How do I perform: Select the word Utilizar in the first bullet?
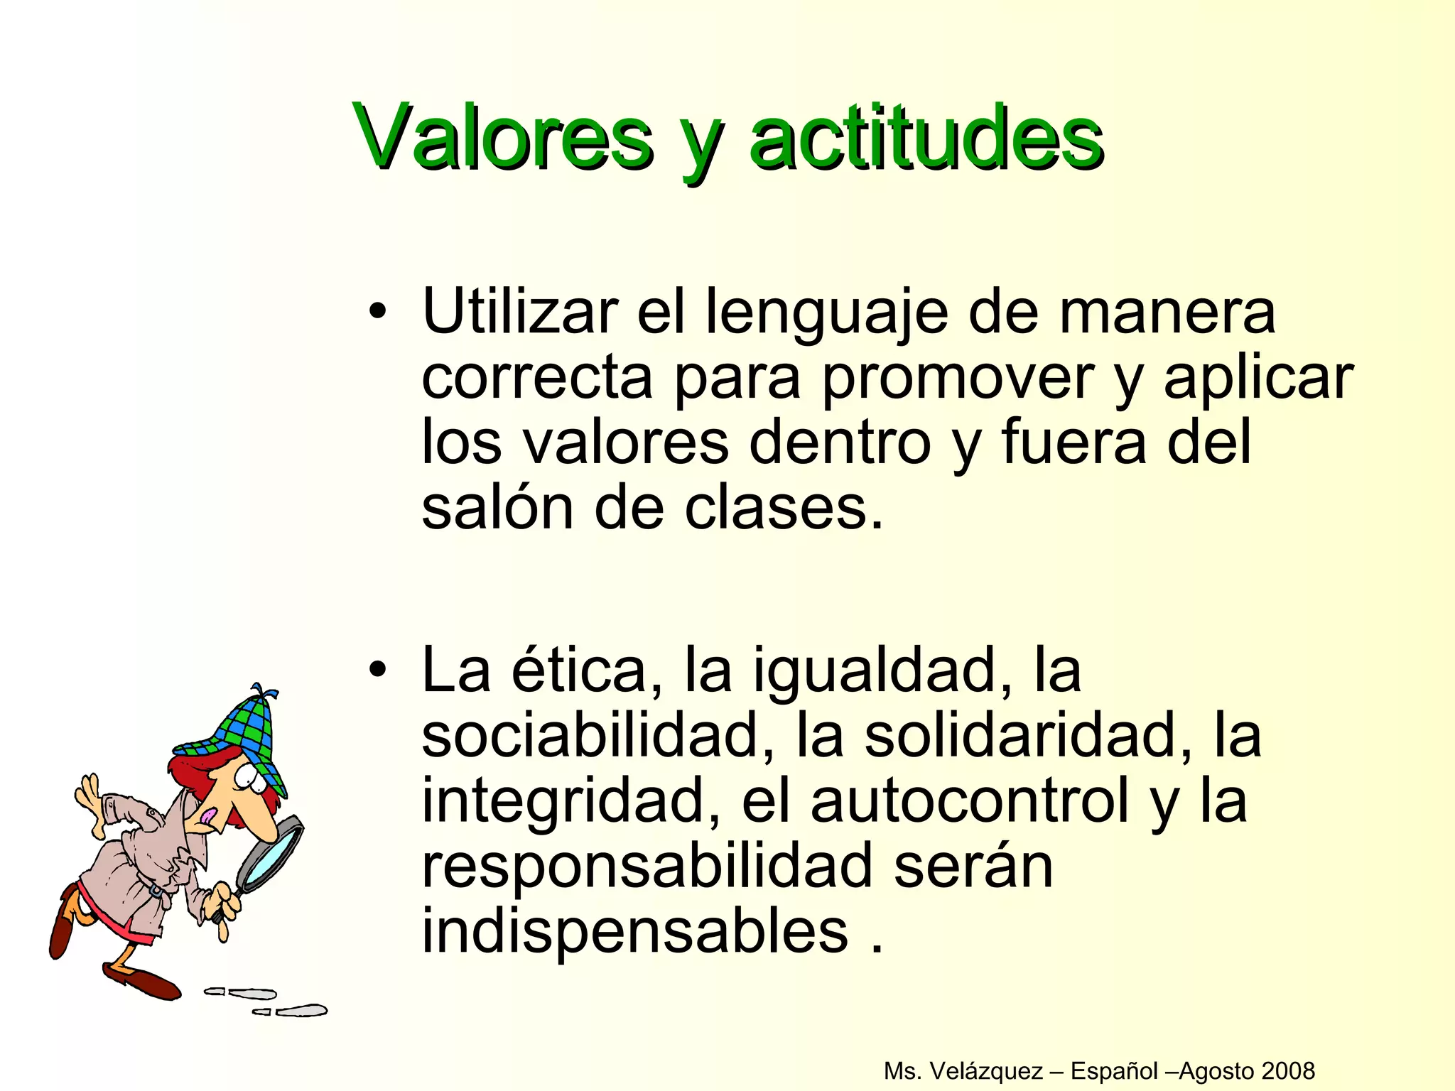[519, 312]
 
